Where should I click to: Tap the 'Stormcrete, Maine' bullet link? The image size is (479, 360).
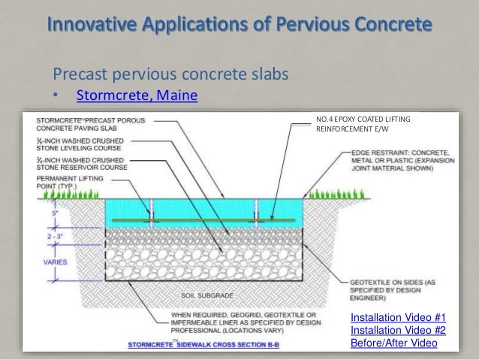click(x=132, y=96)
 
